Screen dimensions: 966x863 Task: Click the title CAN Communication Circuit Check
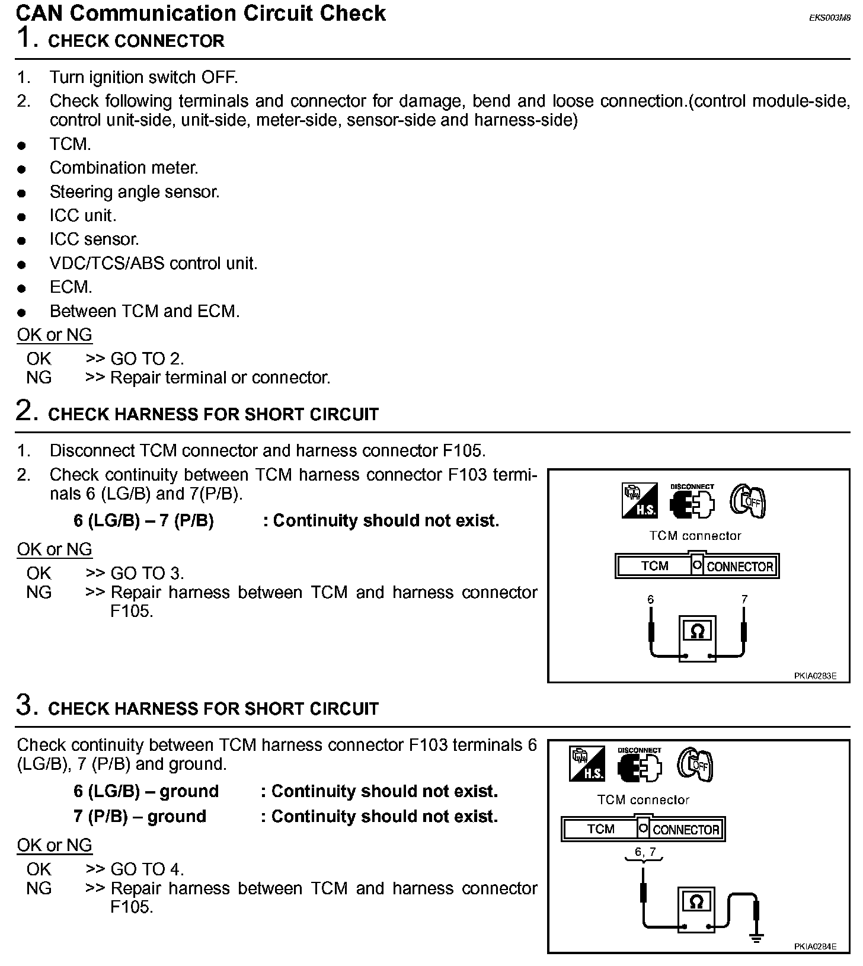coord(201,13)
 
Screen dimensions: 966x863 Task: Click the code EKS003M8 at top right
coord(829,18)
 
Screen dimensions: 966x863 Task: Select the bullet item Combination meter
coord(124,168)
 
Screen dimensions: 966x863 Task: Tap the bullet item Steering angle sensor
coord(135,192)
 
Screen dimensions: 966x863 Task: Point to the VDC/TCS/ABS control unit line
coord(154,263)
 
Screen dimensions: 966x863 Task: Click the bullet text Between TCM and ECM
coord(145,311)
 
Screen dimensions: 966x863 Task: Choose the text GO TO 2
coord(148,359)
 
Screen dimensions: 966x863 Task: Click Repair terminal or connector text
coord(220,378)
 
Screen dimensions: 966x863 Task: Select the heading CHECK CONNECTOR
coord(136,41)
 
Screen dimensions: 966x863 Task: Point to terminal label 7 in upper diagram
coord(744,600)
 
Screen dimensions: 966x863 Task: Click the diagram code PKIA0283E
coord(815,675)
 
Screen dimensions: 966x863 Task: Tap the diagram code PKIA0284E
coord(815,946)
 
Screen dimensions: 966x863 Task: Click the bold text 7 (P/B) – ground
coord(140,816)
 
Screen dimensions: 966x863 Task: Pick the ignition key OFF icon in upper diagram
coord(747,501)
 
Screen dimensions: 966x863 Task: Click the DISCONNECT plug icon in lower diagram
coord(639,765)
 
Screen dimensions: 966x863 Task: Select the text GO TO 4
coord(148,869)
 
